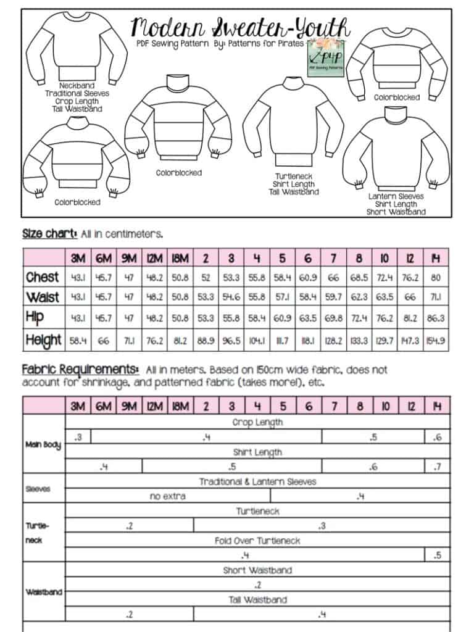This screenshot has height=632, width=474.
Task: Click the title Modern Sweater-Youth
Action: tap(241, 28)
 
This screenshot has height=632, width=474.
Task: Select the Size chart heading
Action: tap(50, 234)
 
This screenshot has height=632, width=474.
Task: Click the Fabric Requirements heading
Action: tap(81, 369)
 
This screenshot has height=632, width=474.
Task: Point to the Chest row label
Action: tap(43, 277)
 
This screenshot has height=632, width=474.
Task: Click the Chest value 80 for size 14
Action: tap(436, 277)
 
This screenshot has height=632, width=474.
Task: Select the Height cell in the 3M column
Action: tap(78, 339)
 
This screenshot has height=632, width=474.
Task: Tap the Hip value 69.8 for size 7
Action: tap(333, 318)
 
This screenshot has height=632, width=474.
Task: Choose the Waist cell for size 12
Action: tap(410, 297)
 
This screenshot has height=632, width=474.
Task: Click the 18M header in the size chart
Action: tap(180, 257)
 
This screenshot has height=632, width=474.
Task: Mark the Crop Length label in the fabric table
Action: tap(257, 423)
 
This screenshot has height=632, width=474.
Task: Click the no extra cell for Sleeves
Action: tap(167, 496)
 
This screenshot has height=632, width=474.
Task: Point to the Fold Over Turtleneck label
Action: tap(257, 541)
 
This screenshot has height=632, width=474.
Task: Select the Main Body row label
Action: tap(43, 444)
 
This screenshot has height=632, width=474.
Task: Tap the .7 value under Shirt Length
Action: tap(437, 467)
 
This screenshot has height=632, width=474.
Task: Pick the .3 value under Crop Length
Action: tap(78, 438)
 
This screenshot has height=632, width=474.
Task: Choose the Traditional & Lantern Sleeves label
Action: tap(257, 481)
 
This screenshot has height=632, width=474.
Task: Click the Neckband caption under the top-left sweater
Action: tap(78, 86)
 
